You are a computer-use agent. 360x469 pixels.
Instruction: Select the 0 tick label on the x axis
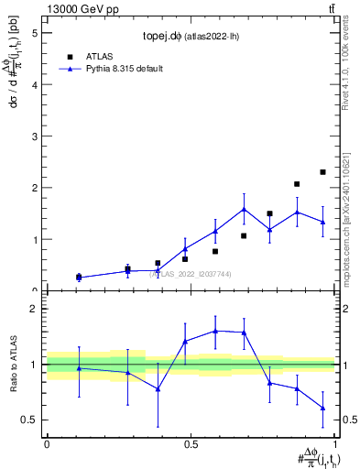(47, 444)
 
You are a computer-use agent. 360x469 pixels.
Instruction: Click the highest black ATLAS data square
(322, 172)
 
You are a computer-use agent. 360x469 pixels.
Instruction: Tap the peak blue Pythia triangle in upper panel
(244, 210)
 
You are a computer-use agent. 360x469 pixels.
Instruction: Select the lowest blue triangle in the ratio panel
(322, 409)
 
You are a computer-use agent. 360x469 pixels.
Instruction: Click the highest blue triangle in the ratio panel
(215, 331)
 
